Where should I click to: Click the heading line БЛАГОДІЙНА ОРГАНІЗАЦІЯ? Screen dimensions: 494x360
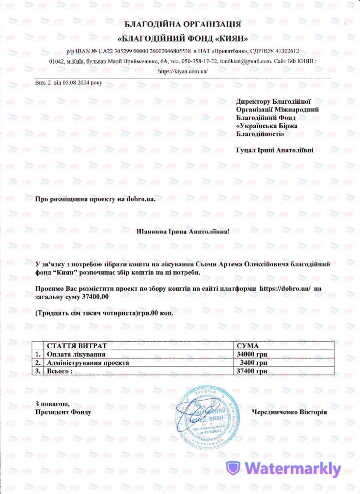[183, 24]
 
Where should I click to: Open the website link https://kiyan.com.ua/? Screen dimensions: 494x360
[183, 71]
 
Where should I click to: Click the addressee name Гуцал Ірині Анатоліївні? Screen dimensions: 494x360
[275, 151]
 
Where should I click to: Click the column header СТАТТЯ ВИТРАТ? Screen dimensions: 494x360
[76, 346]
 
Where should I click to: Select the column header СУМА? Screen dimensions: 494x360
[249, 346]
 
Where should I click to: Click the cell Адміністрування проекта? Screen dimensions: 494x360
[87, 362]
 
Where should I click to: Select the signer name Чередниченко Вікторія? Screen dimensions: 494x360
[289, 412]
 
